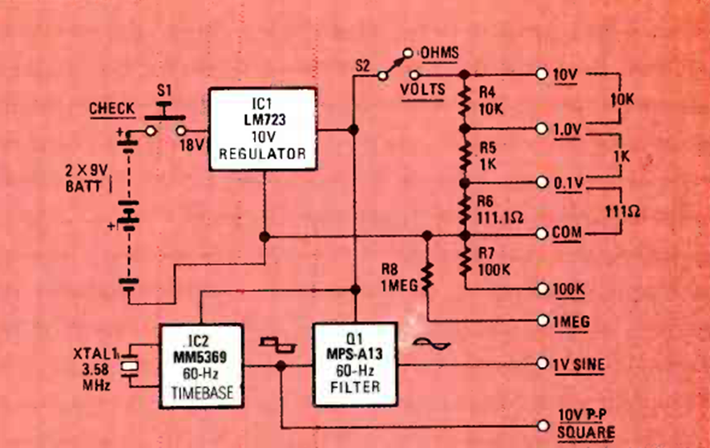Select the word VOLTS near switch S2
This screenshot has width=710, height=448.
(x=422, y=89)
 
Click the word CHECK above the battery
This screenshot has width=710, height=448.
(x=112, y=108)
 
